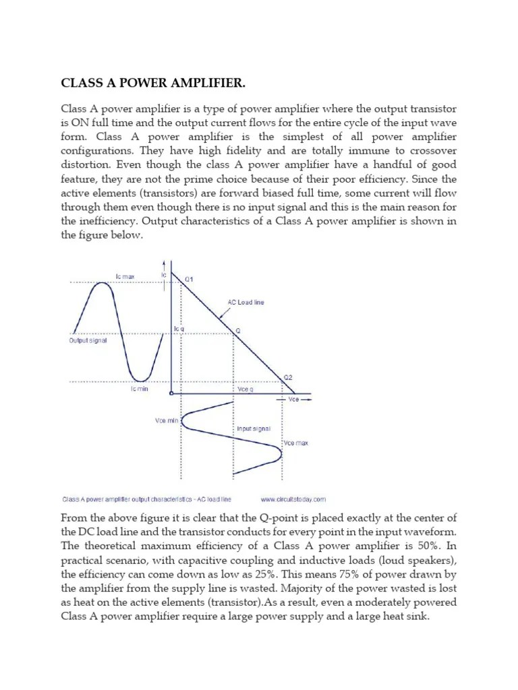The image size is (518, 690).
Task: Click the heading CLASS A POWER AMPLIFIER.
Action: pos(153,84)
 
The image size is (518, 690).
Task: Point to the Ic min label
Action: pos(138,389)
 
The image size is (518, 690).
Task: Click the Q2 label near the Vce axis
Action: pos(288,377)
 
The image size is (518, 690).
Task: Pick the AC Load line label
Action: pos(246,303)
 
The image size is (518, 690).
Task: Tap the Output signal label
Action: pos(88,341)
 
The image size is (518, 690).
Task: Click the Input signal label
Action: pos(253,429)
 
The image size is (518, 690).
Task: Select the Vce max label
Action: pos(296,443)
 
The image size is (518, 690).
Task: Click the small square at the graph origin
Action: pos(172,394)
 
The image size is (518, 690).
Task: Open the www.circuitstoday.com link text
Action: pos(293,499)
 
